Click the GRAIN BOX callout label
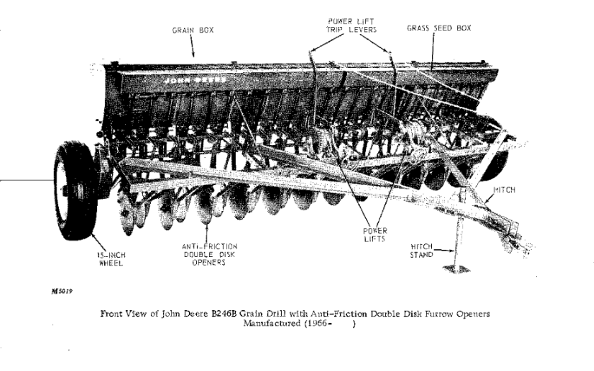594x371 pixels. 193,30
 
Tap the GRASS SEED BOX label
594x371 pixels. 439,28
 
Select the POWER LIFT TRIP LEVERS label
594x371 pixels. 352,25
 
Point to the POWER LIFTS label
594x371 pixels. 375,234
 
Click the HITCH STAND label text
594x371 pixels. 421,251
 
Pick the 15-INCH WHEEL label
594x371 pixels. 111,259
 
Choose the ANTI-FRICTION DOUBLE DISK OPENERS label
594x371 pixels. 209,255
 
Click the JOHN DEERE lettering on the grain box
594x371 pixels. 195,80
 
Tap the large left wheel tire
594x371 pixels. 75,190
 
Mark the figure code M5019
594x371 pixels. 62,292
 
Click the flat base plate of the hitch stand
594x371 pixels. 457,268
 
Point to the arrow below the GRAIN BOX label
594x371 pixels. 192,47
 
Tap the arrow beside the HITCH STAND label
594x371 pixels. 444,250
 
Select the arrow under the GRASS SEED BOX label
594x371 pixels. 433,52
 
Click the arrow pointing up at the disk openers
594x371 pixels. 207,232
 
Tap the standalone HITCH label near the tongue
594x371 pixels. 504,190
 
